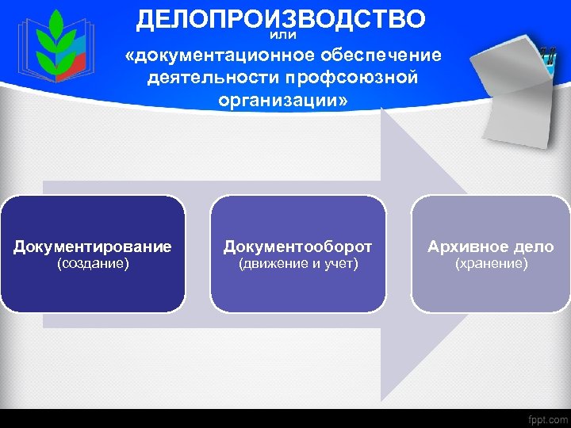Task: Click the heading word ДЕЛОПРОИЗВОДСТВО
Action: (x=281, y=18)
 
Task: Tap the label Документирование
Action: (x=93, y=246)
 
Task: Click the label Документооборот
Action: (x=298, y=246)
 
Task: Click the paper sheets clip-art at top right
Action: (x=515, y=87)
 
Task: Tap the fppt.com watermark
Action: (x=547, y=418)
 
